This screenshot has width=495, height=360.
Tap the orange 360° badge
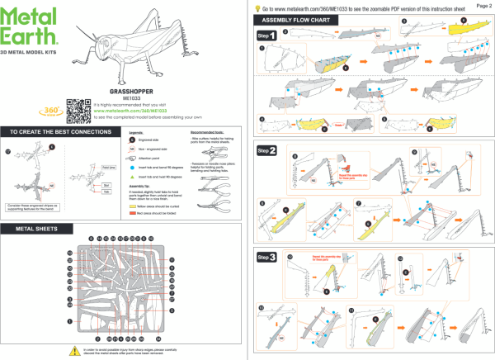(x=48, y=110)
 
